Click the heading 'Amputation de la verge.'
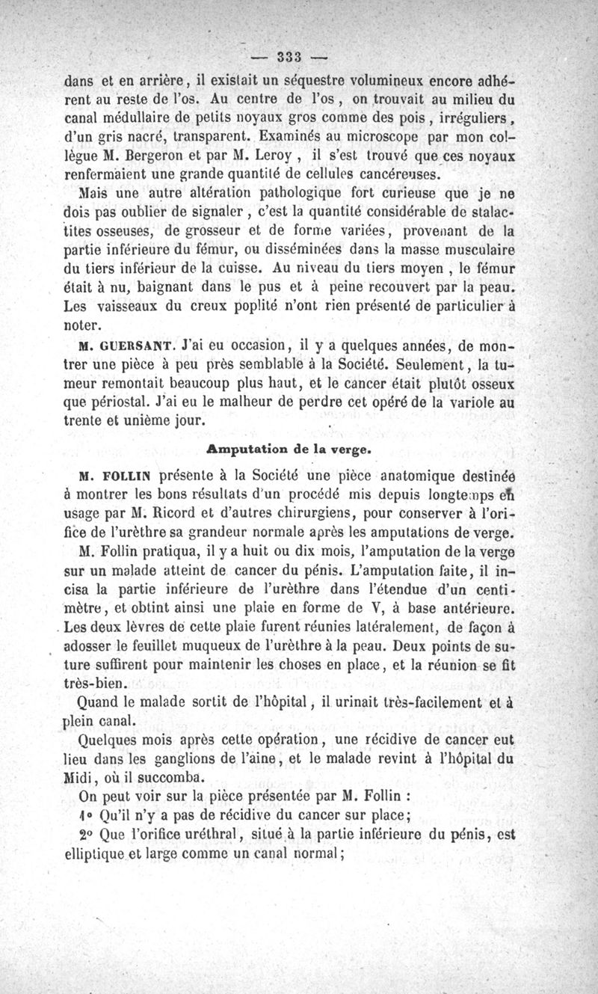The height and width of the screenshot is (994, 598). pos(287,450)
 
